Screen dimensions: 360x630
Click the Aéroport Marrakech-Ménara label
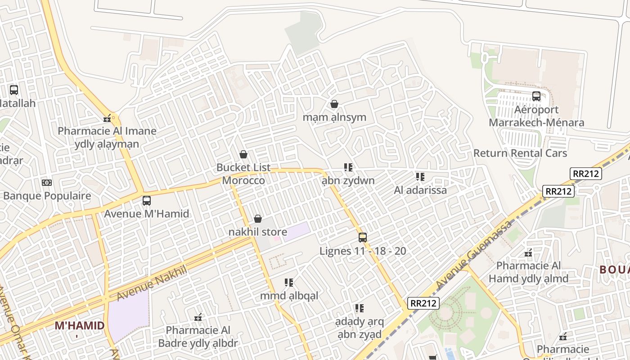pos(536,116)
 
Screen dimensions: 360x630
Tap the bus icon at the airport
pos(536,96)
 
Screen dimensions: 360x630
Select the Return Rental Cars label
pos(520,153)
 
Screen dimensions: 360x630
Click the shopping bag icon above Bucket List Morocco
pos(243,154)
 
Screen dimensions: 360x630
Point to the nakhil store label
pos(257,232)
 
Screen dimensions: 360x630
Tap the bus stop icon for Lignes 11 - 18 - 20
pos(363,237)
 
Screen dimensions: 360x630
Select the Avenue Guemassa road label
pos(474,255)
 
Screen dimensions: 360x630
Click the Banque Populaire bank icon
pos(47,182)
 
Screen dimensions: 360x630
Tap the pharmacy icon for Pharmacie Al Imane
pos(107,118)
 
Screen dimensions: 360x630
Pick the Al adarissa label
pos(420,190)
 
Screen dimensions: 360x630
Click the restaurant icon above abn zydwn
pos(348,167)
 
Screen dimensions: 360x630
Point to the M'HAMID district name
pos(80,325)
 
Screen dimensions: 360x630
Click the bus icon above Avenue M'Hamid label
pos(146,200)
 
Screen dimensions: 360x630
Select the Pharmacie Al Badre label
pos(198,337)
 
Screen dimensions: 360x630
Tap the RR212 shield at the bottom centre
pos(423,303)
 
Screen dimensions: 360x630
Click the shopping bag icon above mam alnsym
pos(334,104)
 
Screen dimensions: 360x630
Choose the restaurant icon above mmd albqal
pos(289,282)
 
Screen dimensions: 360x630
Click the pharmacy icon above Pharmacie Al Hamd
pos(528,253)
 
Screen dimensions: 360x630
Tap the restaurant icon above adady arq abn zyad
pos(359,308)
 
